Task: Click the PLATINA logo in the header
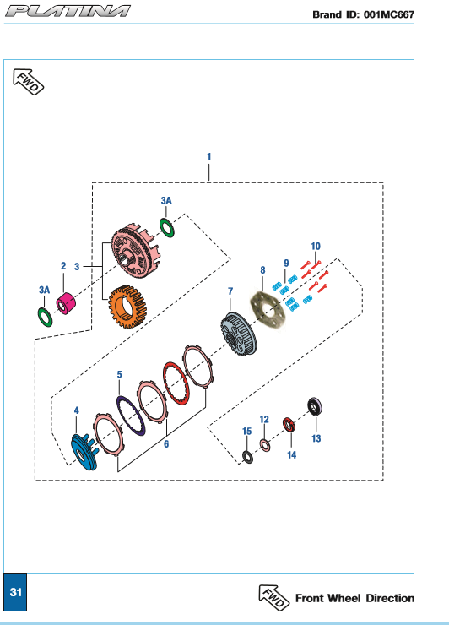pyautogui.click(x=68, y=11)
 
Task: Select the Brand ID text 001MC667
pyautogui.click(x=389, y=14)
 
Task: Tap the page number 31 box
pyautogui.click(x=15, y=592)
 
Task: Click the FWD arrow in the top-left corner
pyautogui.click(x=29, y=82)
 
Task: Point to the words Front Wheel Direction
pyautogui.click(x=354, y=598)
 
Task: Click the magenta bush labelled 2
pyautogui.click(x=66, y=303)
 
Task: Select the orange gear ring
pyautogui.click(x=127, y=307)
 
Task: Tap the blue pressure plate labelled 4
pyautogui.click(x=84, y=452)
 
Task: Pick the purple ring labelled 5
pyautogui.click(x=131, y=416)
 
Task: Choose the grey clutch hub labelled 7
pyautogui.click(x=239, y=334)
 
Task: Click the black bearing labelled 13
pyautogui.click(x=315, y=407)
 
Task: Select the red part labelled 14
pyautogui.click(x=289, y=425)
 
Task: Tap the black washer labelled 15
pyautogui.click(x=247, y=457)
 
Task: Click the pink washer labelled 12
pyautogui.click(x=264, y=445)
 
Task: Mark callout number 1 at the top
pyautogui.click(x=208, y=156)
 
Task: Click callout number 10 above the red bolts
pyautogui.click(x=316, y=247)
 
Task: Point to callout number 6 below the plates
pyautogui.click(x=166, y=443)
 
